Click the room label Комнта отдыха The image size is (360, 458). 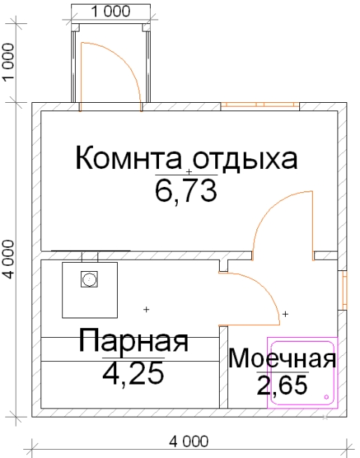click(187, 158)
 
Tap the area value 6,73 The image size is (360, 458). click(186, 191)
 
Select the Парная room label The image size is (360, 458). click(133, 341)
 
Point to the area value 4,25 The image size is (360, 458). click(133, 374)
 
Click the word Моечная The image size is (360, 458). click(282, 358)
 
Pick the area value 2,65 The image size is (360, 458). click(282, 384)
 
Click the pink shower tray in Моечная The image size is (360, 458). click(302, 406)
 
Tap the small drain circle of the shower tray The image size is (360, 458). click(326, 397)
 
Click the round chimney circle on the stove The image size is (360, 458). click(89, 279)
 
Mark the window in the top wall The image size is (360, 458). click(260, 107)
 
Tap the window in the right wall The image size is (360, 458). click(343, 290)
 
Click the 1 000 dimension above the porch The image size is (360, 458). click(111, 12)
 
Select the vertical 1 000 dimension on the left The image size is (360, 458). click(9, 62)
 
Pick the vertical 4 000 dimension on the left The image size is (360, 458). click(9, 259)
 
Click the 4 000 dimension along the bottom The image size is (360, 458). click(189, 441)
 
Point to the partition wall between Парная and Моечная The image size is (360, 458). click(223, 367)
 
